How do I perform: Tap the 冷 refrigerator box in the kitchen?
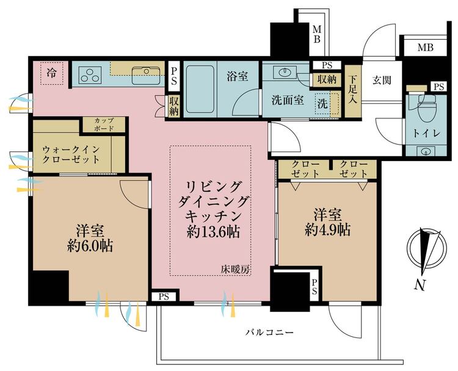[52, 73]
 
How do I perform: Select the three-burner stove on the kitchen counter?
[90, 74]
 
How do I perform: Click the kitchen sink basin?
[146, 75]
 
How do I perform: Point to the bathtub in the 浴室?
[200, 88]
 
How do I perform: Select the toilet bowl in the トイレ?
[427, 107]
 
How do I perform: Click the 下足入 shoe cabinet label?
[353, 90]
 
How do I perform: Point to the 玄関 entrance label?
[382, 80]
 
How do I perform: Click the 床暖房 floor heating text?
[236, 270]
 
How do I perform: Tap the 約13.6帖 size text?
[214, 232]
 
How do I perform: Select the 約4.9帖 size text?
[327, 230]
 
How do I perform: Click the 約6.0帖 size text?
[90, 246]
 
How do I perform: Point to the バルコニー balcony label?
[269, 332]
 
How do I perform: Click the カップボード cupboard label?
[104, 124]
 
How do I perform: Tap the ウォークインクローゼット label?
[71, 154]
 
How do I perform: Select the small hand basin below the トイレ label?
[426, 151]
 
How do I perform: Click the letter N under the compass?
[420, 285]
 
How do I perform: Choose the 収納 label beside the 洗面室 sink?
[327, 80]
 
